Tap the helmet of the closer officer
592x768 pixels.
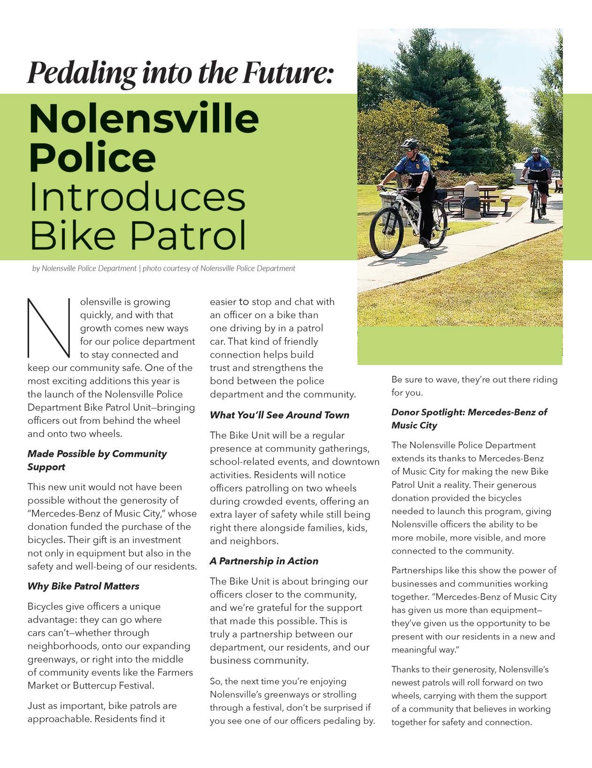410,143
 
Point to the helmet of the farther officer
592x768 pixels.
536,151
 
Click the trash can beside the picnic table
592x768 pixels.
471,200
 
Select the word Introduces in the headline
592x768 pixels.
137,197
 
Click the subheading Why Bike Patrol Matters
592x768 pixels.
83,586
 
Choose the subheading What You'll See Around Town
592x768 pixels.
279,415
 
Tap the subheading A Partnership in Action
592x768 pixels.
264,561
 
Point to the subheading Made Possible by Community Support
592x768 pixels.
97,460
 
